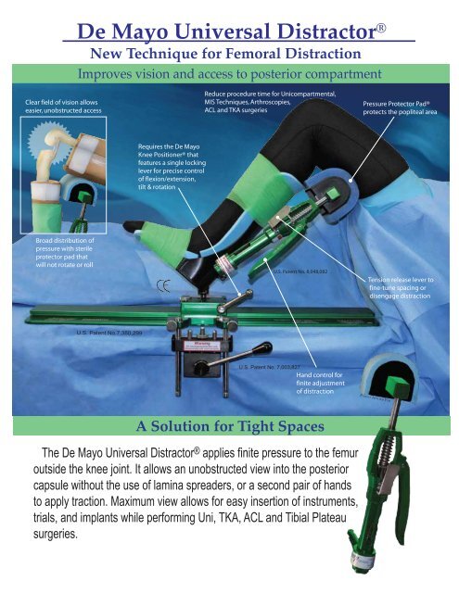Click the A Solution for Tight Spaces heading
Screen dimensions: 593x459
coord(229,426)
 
